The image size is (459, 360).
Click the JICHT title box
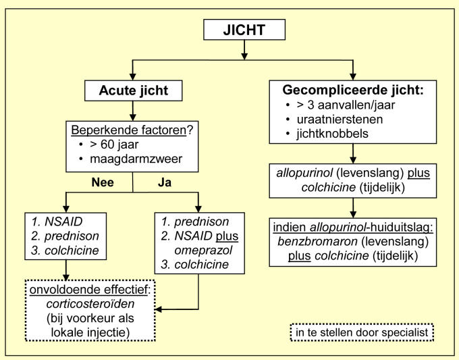[x=244, y=30]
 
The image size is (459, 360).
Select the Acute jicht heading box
[x=133, y=91]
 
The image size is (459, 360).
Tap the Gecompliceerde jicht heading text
[x=353, y=90]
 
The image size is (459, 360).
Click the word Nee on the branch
[x=103, y=182]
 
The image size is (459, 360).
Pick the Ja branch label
[x=165, y=182]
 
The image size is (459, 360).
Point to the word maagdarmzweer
[x=136, y=159]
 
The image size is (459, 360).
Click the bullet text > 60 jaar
[x=114, y=145]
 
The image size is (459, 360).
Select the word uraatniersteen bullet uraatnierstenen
[x=340, y=120]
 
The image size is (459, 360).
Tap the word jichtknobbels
[x=332, y=134]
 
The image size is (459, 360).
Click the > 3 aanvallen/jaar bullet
[x=346, y=105]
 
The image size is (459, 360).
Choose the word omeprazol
[x=203, y=250]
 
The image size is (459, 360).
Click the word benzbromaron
[x=318, y=242]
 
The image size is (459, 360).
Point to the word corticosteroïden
[x=90, y=304]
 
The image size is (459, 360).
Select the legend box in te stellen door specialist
[x=362, y=332]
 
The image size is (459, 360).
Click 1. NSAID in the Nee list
[x=57, y=222]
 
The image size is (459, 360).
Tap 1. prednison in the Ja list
[x=195, y=222]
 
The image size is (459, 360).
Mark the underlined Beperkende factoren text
[x=129, y=130]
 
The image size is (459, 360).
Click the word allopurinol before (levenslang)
[x=304, y=173]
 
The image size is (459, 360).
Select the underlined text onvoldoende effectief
[x=88, y=290]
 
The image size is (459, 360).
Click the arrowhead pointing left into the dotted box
[x=158, y=309]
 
